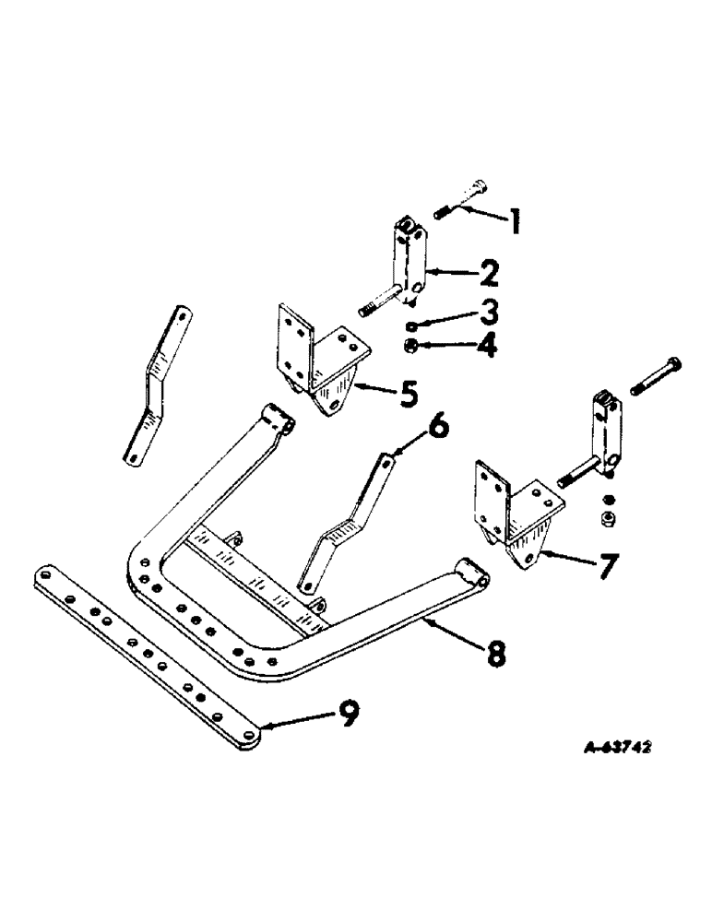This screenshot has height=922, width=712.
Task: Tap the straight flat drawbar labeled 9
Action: click(148, 644)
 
